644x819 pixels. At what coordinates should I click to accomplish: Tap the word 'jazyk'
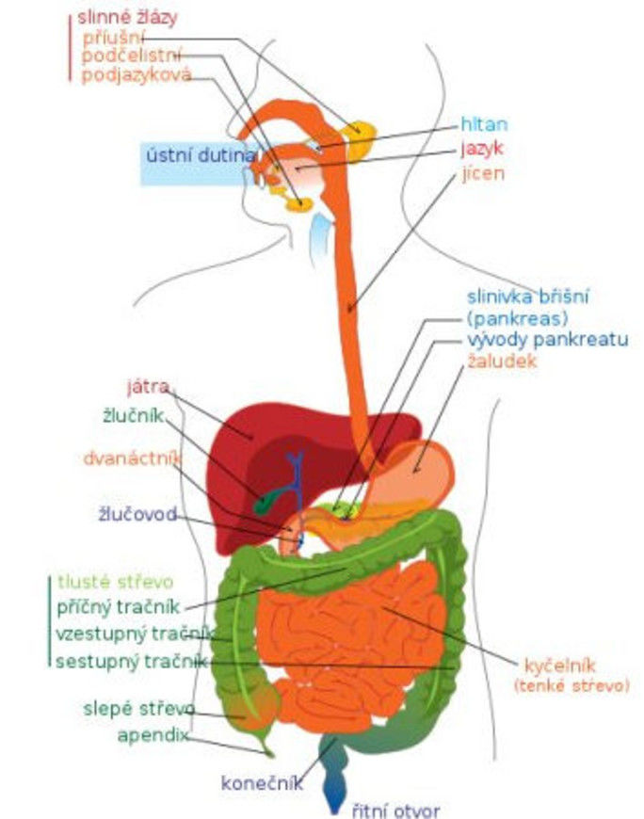(483, 149)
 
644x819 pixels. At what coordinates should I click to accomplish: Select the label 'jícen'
(483, 173)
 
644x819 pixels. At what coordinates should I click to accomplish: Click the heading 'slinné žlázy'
(126, 17)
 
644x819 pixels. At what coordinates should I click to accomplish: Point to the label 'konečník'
(263, 782)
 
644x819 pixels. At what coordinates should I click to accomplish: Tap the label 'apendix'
(153, 735)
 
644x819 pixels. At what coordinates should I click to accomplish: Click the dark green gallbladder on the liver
(269, 499)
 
